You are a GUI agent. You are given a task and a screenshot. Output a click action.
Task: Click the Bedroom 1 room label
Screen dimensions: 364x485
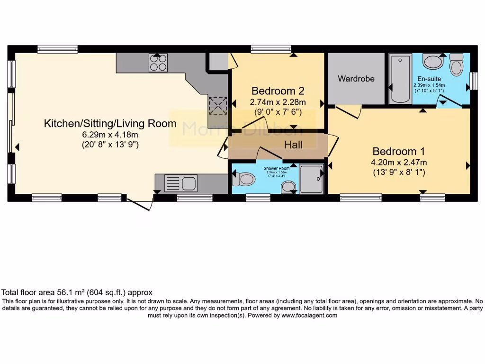click(398, 152)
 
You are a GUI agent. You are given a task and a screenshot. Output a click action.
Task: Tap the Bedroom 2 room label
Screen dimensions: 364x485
click(278, 91)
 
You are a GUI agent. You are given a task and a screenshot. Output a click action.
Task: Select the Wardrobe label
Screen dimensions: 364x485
click(356, 79)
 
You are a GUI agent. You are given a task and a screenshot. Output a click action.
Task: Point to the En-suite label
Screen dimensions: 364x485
click(429, 79)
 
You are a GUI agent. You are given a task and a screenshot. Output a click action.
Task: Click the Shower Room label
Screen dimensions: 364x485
click(277, 168)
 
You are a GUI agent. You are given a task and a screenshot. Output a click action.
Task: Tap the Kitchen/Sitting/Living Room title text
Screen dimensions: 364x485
click(110, 124)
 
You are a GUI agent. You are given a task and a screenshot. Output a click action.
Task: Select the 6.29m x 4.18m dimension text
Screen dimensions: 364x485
click(110, 135)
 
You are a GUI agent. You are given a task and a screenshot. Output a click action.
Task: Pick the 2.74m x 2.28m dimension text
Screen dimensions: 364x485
click(278, 102)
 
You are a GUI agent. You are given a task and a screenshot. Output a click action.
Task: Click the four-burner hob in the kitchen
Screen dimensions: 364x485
click(158, 63)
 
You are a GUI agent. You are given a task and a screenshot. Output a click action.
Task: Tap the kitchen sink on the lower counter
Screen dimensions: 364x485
click(181, 183)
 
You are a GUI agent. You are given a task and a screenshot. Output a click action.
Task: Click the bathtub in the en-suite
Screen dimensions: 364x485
click(400, 78)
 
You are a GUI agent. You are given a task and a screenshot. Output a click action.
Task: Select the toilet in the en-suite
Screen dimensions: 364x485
click(456, 64)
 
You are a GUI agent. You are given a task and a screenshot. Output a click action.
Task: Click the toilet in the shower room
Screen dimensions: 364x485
click(246, 179)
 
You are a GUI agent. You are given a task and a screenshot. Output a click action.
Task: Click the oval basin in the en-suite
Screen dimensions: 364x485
click(431, 62)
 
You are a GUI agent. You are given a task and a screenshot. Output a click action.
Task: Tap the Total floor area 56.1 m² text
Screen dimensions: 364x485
click(77, 292)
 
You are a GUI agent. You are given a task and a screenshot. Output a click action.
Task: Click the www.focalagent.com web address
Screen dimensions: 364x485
click(309, 315)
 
